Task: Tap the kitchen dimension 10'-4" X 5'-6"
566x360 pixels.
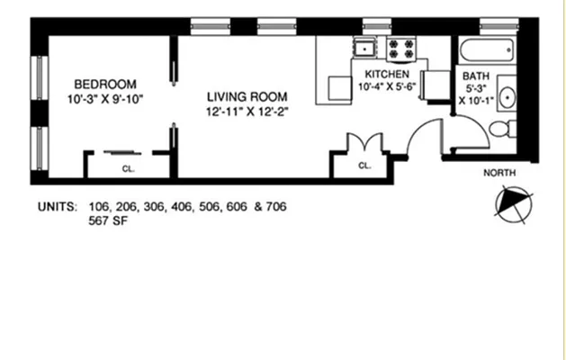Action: click(386, 87)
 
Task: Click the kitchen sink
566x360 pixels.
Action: click(364, 49)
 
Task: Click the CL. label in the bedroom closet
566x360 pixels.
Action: click(126, 167)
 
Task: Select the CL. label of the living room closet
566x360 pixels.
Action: click(364, 166)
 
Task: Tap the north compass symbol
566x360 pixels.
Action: click(513, 203)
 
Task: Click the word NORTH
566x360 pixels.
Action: click(502, 172)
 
